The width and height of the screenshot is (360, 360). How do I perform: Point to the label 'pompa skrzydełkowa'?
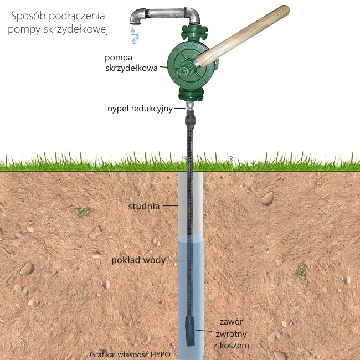(133, 63)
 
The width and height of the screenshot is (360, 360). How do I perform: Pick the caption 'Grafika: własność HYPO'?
(129, 354)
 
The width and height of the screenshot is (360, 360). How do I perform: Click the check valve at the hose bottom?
(191, 331)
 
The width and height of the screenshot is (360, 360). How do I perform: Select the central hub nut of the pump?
(183, 71)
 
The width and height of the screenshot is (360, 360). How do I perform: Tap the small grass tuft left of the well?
(82, 212)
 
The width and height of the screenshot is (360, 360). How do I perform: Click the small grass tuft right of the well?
(301, 271)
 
